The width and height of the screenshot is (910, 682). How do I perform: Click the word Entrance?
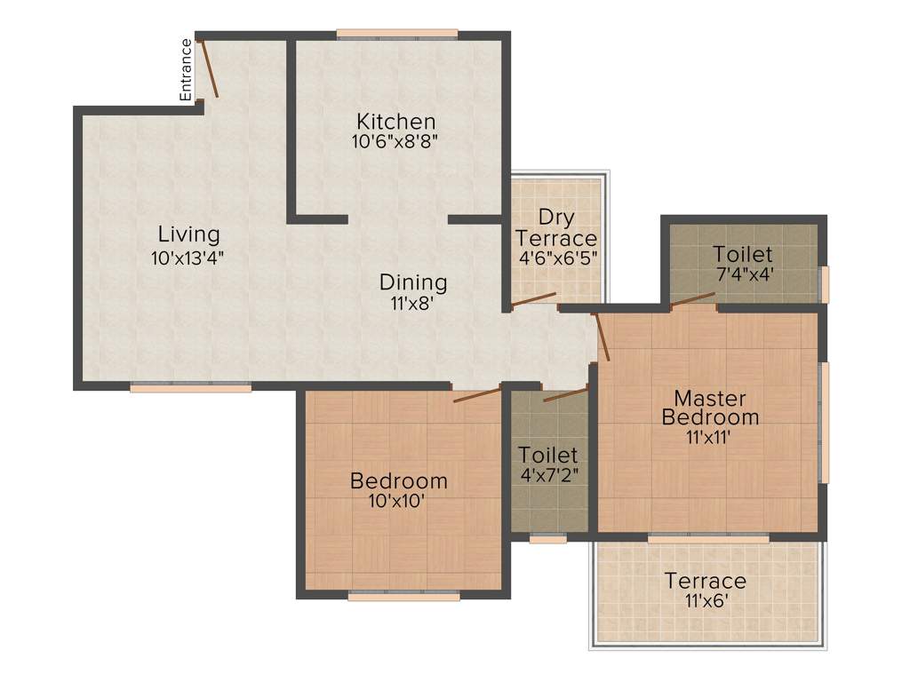click(x=186, y=69)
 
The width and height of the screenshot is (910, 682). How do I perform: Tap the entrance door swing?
click(x=208, y=68)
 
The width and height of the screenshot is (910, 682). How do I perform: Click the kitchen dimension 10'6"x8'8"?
click(x=395, y=140)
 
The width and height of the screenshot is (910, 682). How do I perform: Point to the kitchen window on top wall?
click(x=397, y=35)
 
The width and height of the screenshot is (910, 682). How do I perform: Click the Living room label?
click(x=188, y=234)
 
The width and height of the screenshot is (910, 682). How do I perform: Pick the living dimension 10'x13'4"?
click(x=188, y=258)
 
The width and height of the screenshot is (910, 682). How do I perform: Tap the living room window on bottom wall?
click(x=190, y=387)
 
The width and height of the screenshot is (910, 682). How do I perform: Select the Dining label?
click(x=413, y=282)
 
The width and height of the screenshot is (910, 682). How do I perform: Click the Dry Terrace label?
click(x=556, y=228)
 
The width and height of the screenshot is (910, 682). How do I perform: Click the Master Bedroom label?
click(x=710, y=408)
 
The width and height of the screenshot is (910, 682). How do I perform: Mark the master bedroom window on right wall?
click(x=824, y=421)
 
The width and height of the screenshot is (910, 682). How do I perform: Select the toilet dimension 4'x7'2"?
click(x=548, y=474)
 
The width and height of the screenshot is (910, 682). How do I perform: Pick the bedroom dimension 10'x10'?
click(x=398, y=501)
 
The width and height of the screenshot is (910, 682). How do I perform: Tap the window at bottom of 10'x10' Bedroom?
click(x=403, y=597)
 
